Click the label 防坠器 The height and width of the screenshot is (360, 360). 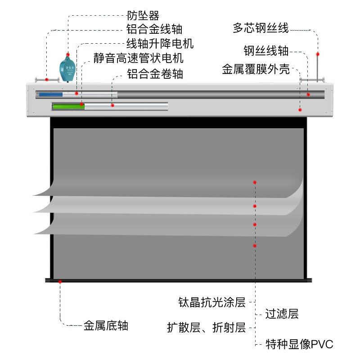click(143, 16)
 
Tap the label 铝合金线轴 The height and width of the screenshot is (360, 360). click(154, 30)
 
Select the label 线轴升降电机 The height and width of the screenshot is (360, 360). click(160, 44)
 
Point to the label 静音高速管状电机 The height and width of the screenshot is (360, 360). click(139, 59)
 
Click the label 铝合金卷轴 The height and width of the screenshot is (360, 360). click(155, 74)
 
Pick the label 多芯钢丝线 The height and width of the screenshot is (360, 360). click(261, 28)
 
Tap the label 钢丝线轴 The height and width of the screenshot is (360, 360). click(266, 50)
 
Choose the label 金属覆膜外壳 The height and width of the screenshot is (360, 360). click(255, 70)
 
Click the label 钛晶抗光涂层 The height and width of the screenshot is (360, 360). click(211, 302)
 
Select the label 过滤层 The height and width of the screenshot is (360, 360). click(282, 314)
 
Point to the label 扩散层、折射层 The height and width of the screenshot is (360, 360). click(206, 328)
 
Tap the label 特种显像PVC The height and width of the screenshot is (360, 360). click(299, 345)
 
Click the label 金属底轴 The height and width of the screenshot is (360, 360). click(106, 326)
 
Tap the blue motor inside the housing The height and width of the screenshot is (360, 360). click(50, 94)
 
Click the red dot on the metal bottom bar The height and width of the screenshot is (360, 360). click(60, 282)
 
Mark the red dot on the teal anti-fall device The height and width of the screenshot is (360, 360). click(67, 54)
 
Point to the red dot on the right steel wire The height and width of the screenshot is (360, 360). click(318, 54)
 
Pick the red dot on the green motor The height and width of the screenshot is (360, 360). click(81, 104)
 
